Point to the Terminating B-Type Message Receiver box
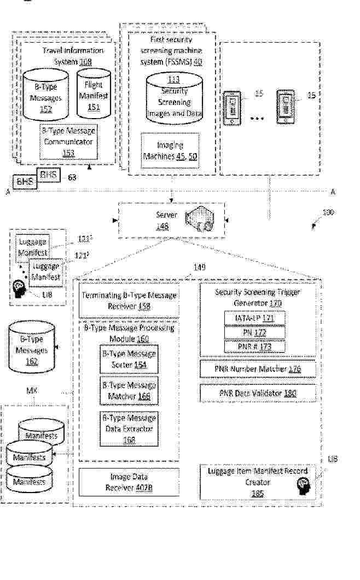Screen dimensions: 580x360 coord(129,300)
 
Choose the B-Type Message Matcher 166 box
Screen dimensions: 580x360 coord(129,390)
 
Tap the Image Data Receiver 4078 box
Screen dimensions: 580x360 coord(129,482)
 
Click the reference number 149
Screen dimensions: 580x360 coord(199,267)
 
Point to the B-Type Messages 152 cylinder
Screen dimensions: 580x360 coord(47,94)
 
